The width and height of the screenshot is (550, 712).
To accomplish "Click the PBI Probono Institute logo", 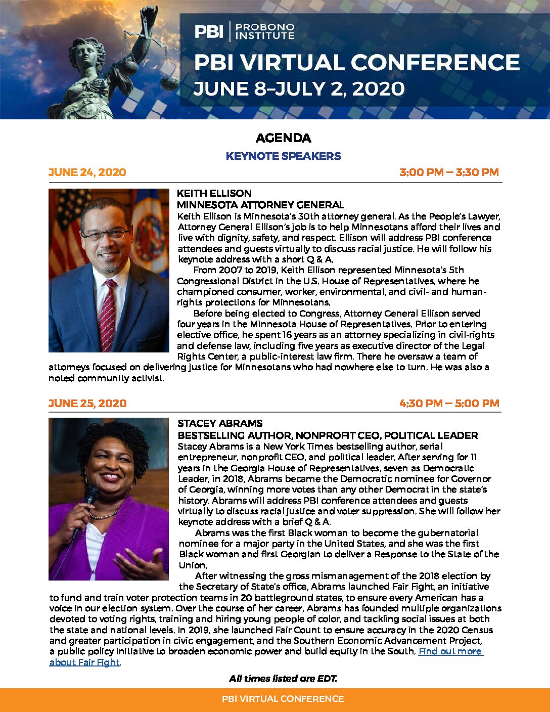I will point(244,31).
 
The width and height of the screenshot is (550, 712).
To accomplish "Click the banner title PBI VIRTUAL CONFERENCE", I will point(356,63).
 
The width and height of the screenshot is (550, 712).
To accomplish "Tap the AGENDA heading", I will point(283,138).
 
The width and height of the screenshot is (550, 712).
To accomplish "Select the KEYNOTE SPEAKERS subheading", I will point(283,156).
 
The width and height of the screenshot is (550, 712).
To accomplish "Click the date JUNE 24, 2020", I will point(87,172).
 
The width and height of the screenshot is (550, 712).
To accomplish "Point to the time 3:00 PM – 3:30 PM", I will point(449,172).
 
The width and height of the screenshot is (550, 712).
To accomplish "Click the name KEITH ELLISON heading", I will point(214,193).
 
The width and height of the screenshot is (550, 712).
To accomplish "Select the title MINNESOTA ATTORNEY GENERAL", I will point(260,205).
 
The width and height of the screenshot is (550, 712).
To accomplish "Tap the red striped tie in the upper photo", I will point(108,314).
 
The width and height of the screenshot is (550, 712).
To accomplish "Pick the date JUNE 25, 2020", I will point(87,404).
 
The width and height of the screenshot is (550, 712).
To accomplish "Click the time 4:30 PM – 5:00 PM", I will point(449,404).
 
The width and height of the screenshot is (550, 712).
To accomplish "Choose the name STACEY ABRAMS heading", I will point(220,423).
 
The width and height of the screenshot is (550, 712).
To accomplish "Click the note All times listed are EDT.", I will point(283,679).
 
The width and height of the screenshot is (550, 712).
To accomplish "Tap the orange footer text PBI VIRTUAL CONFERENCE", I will point(283,699).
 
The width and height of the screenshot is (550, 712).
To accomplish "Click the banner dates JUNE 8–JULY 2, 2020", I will point(299,89).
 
